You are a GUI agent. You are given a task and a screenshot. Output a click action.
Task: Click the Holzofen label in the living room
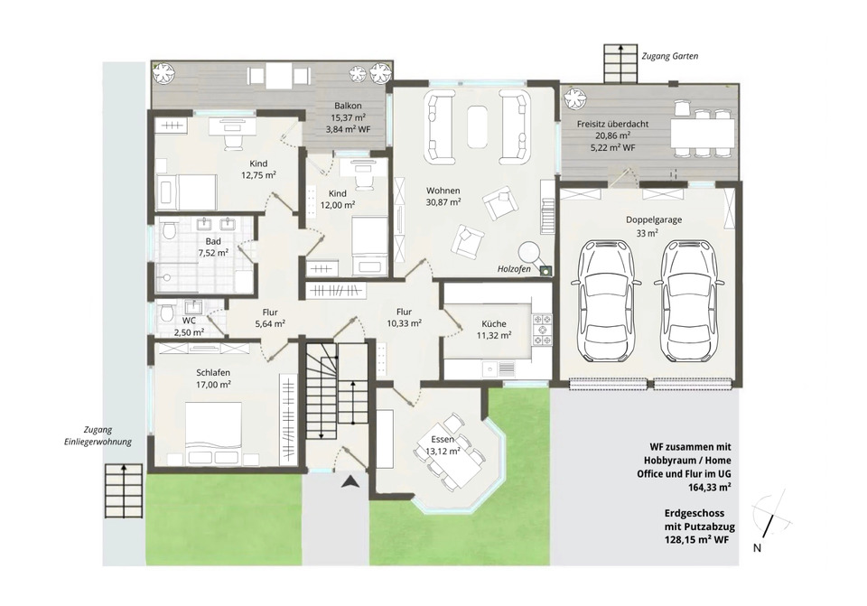[x=514, y=269]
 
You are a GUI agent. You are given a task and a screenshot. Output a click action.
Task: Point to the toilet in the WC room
[x=164, y=314]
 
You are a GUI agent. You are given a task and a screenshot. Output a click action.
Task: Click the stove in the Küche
[x=541, y=330]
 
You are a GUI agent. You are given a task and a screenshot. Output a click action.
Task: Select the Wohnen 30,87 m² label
[x=443, y=196]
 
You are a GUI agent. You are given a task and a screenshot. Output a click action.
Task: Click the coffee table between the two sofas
[x=477, y=126]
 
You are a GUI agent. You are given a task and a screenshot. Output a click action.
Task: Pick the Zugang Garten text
[x=669, y=56]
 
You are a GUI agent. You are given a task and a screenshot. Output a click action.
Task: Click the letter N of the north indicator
[x=757, y=548]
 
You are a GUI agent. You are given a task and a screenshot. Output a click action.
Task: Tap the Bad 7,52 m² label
[x=213, y=247]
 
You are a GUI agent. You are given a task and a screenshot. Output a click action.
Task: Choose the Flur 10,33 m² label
[x=405, y=318]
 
